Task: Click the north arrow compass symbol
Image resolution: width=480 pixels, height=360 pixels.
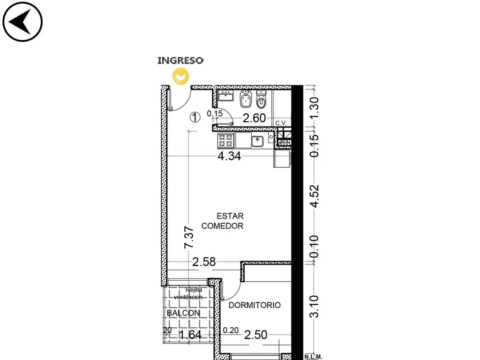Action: tap(22, 22)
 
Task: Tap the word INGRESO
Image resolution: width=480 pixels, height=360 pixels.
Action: tap(180, 60)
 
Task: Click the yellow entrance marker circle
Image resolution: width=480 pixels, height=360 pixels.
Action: tap(180, 76)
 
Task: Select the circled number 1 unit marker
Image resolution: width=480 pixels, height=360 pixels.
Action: tap(195, 117)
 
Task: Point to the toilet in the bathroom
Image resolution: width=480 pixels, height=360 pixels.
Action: tap(261, 99)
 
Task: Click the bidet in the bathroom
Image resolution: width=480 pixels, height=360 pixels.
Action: tap(246, 98)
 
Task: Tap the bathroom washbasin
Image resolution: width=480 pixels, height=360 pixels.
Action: tap(226, 96)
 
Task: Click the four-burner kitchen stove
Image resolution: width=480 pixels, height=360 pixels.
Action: tap(225, 141)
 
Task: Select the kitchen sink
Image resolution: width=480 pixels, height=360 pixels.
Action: tap(257, 141)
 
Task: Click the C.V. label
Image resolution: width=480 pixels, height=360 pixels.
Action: tap(281, 123)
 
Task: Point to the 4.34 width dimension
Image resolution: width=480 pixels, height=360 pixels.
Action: tap(229, 156)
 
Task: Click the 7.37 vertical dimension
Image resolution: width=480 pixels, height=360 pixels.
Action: tap(189, 237)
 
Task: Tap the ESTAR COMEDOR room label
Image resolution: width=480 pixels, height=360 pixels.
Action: tap(223, 221)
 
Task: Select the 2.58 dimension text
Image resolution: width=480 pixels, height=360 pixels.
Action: tap(204, 262)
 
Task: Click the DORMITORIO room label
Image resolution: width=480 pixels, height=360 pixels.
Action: tap(255, 305)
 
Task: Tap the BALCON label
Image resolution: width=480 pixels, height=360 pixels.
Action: tap(183, 313)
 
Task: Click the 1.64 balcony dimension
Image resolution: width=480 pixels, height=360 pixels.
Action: tap(190, 335)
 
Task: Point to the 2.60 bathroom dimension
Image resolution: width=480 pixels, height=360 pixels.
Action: tap(254, 118)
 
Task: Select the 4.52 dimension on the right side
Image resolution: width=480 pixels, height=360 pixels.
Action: tap(315, 196)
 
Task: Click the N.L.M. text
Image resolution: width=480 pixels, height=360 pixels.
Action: tap(313, 357)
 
